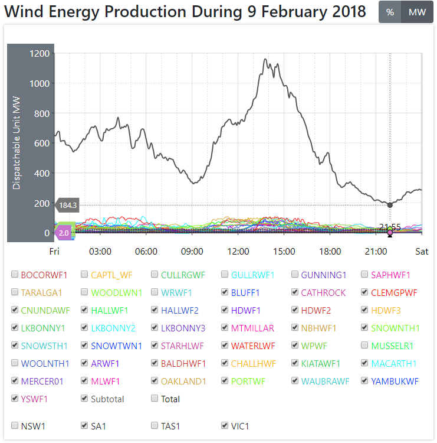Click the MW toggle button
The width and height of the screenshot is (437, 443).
[417, 12]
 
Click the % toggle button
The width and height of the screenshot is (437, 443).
[390, 12]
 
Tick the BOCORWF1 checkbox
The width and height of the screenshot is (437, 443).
[14, 275]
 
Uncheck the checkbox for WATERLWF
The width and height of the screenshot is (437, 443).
[225, 346]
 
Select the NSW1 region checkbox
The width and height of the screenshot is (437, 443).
[14, 425]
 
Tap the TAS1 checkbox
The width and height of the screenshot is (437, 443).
[155, 425]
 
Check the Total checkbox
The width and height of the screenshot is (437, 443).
[155, 399]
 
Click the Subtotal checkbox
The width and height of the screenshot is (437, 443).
[84, 399]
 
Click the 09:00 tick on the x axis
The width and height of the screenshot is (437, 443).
[192, 251]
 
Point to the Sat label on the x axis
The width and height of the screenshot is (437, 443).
[422, 251]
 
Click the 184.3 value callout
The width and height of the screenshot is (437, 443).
[67, 205]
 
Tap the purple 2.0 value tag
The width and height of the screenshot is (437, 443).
[64, 233]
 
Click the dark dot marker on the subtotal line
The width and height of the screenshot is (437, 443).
[390, 205]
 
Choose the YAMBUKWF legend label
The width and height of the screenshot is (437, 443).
[395, 381]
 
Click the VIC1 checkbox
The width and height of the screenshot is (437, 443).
[225, 425]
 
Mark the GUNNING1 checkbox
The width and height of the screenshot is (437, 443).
[295, 275]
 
